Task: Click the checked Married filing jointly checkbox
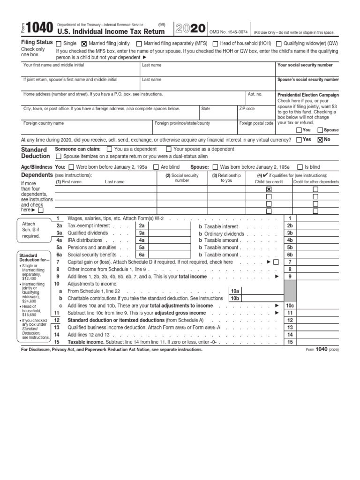84,44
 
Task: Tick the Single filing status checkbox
59,44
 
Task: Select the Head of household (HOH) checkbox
215,44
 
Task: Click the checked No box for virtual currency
320,140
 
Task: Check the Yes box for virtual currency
299,140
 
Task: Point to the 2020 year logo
190,29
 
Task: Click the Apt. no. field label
255,94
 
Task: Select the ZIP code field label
247,109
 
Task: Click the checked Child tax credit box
269,189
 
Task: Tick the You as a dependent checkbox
110,150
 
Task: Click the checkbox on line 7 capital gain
276,262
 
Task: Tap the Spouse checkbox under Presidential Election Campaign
320,130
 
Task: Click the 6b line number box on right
290,255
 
